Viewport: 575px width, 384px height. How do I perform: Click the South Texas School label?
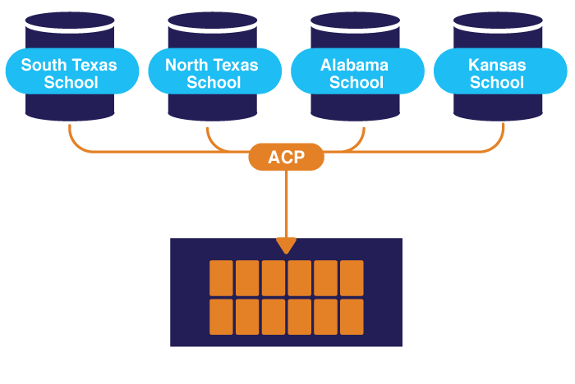pos(69,73)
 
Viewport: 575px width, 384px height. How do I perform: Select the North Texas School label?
pos(212,73)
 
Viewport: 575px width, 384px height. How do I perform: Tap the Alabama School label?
pos(355,73)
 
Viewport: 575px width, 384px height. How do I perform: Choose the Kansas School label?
pos(497,73)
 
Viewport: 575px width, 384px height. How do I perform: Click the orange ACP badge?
pos(286,156)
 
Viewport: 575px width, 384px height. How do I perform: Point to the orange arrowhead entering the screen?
pos(286,245)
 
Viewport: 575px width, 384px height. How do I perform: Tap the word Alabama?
pos(355,64)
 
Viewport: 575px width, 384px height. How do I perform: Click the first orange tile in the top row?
pos(222,278)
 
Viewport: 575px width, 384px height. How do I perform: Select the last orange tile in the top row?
pos(352,278)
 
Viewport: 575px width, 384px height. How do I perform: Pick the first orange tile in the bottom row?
pos(222,317)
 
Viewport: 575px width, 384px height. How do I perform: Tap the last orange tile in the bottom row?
pos(352,317)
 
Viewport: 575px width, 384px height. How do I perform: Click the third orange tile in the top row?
pos(274,278)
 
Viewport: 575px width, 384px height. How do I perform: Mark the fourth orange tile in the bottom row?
pos(300,317)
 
